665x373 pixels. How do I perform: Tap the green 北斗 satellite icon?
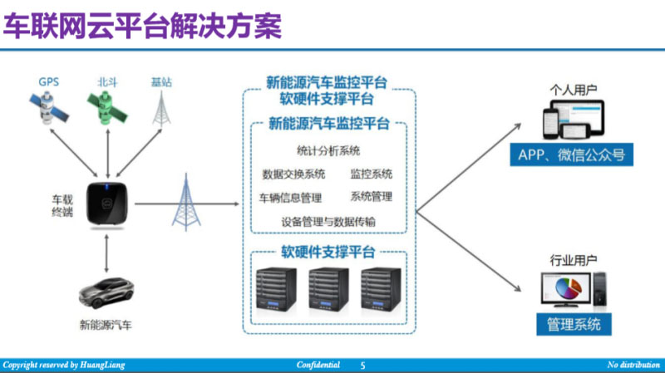coord(106,109)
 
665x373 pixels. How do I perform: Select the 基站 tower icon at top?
coord(160,108)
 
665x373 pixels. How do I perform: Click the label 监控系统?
coord(371,174)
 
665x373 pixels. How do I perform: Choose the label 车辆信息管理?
coord(290,198)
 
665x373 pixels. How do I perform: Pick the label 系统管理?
coord(371,197)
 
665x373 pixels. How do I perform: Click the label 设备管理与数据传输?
coord(328,222)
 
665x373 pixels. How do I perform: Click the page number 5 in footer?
coord(362,366)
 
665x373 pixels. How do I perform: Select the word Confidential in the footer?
coord(318,366)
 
